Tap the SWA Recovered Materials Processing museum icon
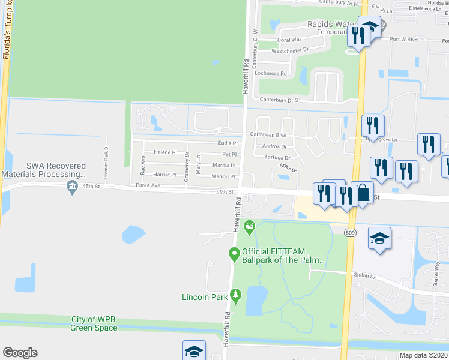coord(73,187)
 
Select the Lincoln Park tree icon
coord(236,295)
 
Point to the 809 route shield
coord(350,232)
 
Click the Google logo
coord(20,353)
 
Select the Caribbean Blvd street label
coord(268,136)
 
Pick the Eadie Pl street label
coord(228,143)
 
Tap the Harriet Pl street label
coord(163,175)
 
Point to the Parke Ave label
coord(148,185)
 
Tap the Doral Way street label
coord(289,40)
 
